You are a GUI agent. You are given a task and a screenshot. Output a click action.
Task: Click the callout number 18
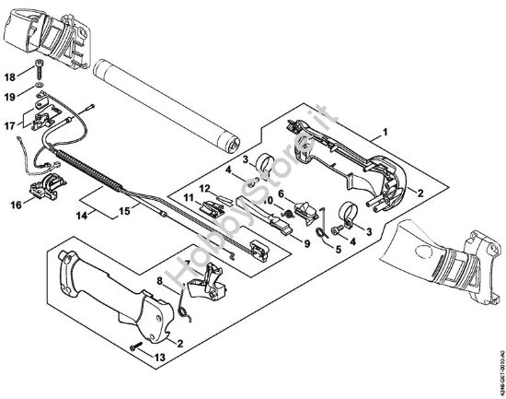pos(10,77)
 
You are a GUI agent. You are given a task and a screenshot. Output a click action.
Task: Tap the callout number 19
pos(10,95)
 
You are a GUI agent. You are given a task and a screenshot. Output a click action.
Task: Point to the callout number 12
pos(205,189)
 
